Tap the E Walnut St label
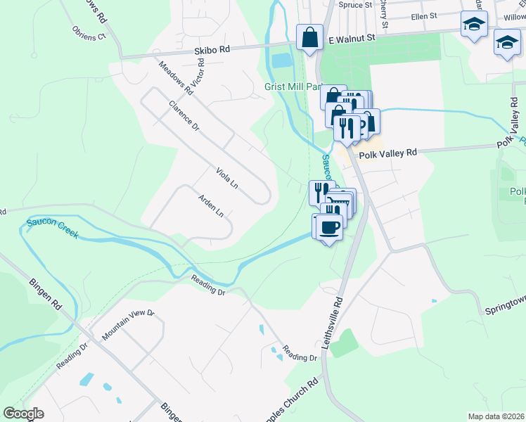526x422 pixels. click(357, 41)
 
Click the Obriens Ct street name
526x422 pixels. click(88, 33)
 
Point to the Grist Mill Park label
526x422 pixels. click(293, 87)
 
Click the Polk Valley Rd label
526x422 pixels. click(387, 152)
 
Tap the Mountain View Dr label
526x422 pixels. click(127, 324)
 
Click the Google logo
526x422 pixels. click(23, 414)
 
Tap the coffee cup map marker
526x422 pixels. click(328, 226)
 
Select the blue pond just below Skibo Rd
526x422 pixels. click(281, 61)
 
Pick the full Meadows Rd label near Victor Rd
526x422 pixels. click(176, 77)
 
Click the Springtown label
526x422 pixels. click(505, 310)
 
